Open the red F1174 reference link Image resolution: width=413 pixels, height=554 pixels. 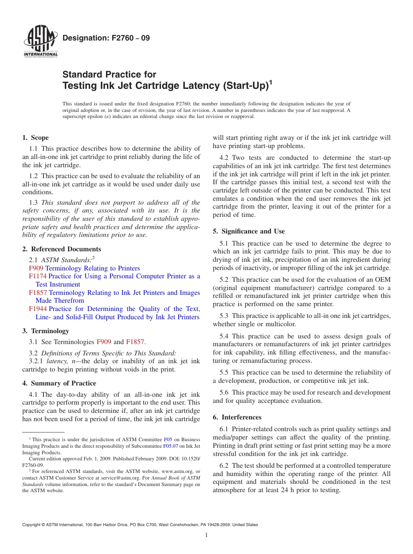pyautogui.click(x=37, y=276)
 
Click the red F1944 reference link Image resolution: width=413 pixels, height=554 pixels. pyautogui.click(x=37, y=309)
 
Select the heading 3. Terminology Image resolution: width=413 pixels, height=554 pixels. pyautogui.click(x=45, y=331)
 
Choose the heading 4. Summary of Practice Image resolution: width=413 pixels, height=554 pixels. pyautogui.click(x=59, y=383)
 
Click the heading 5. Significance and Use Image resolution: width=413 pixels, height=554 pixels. pyautogui.click(x=249, y=231)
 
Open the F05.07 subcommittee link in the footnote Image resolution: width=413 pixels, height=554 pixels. pyautogui.click(x=170, y=446)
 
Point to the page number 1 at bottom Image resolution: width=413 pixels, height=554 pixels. pyautogui.click(x=206, y=535)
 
